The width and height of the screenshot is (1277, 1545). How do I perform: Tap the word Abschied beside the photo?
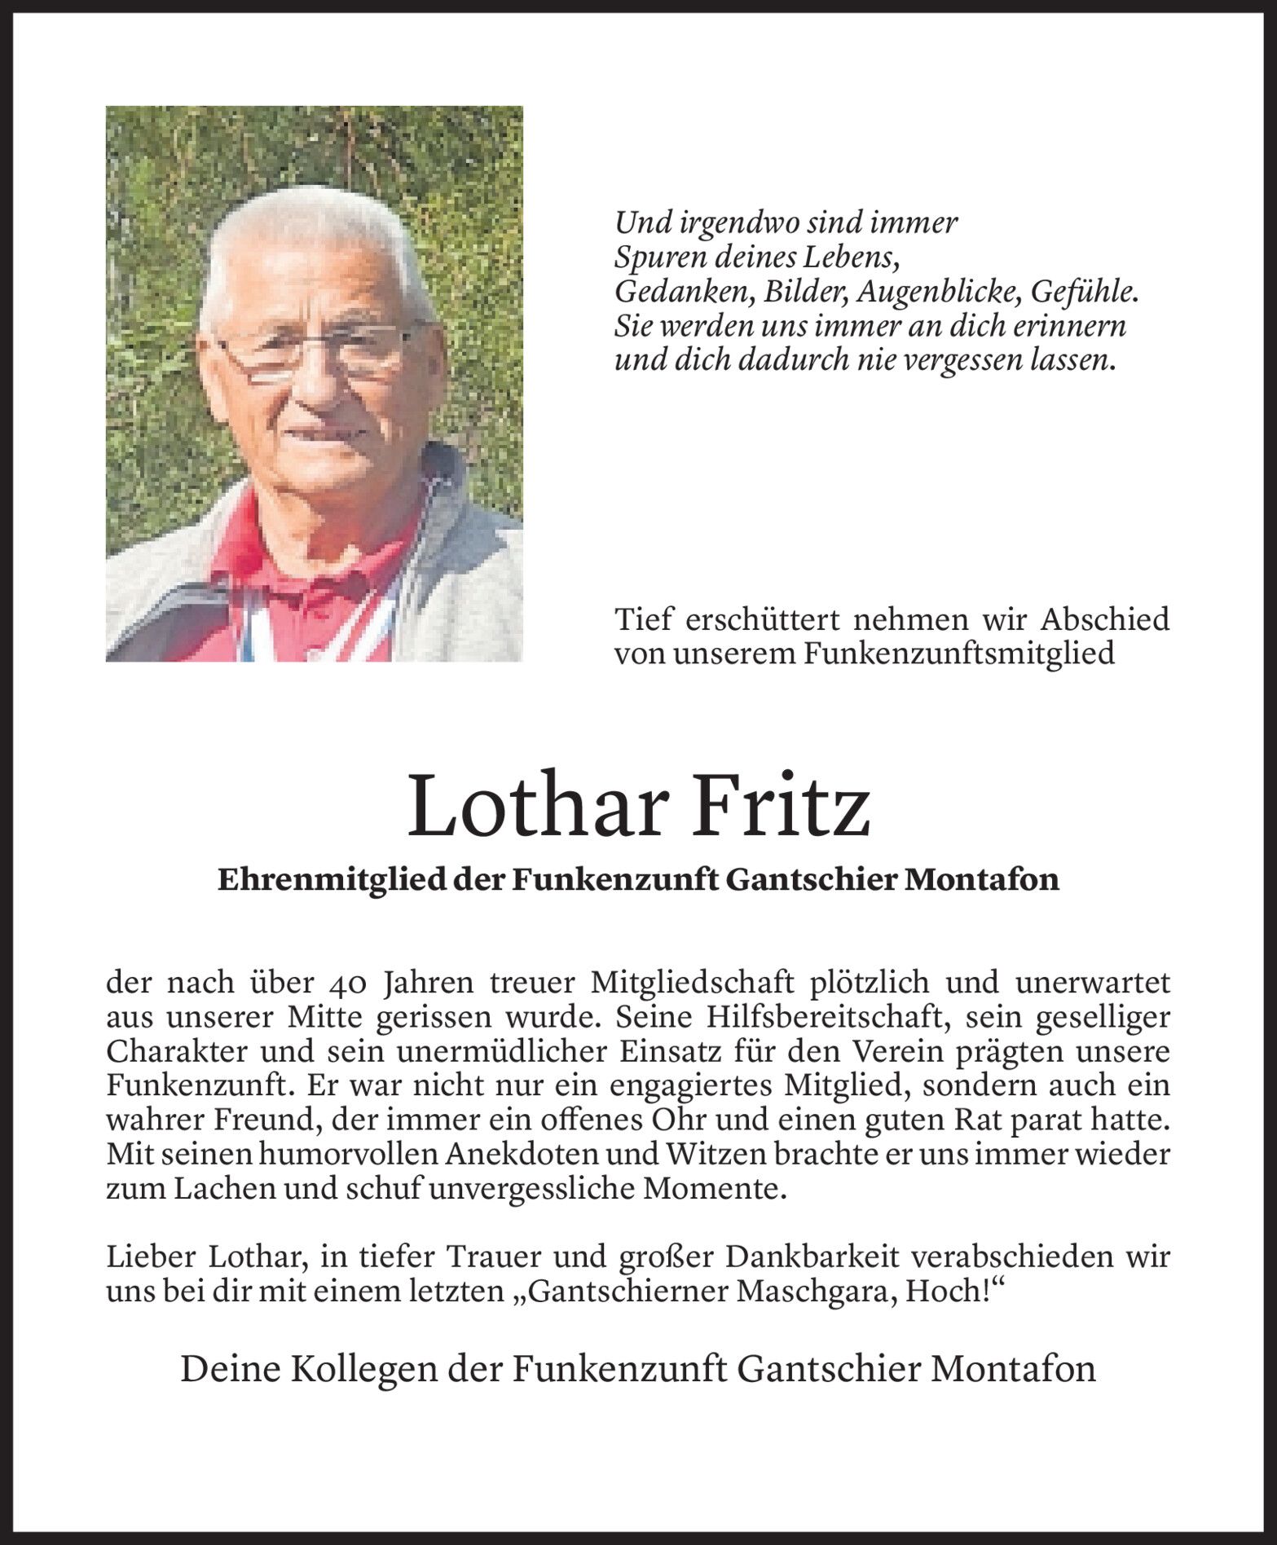(x=1104, y=619)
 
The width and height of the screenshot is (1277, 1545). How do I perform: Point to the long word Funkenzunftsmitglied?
(x=959, y=654)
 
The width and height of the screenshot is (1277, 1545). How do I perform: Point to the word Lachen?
(x=220, y=1189)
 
